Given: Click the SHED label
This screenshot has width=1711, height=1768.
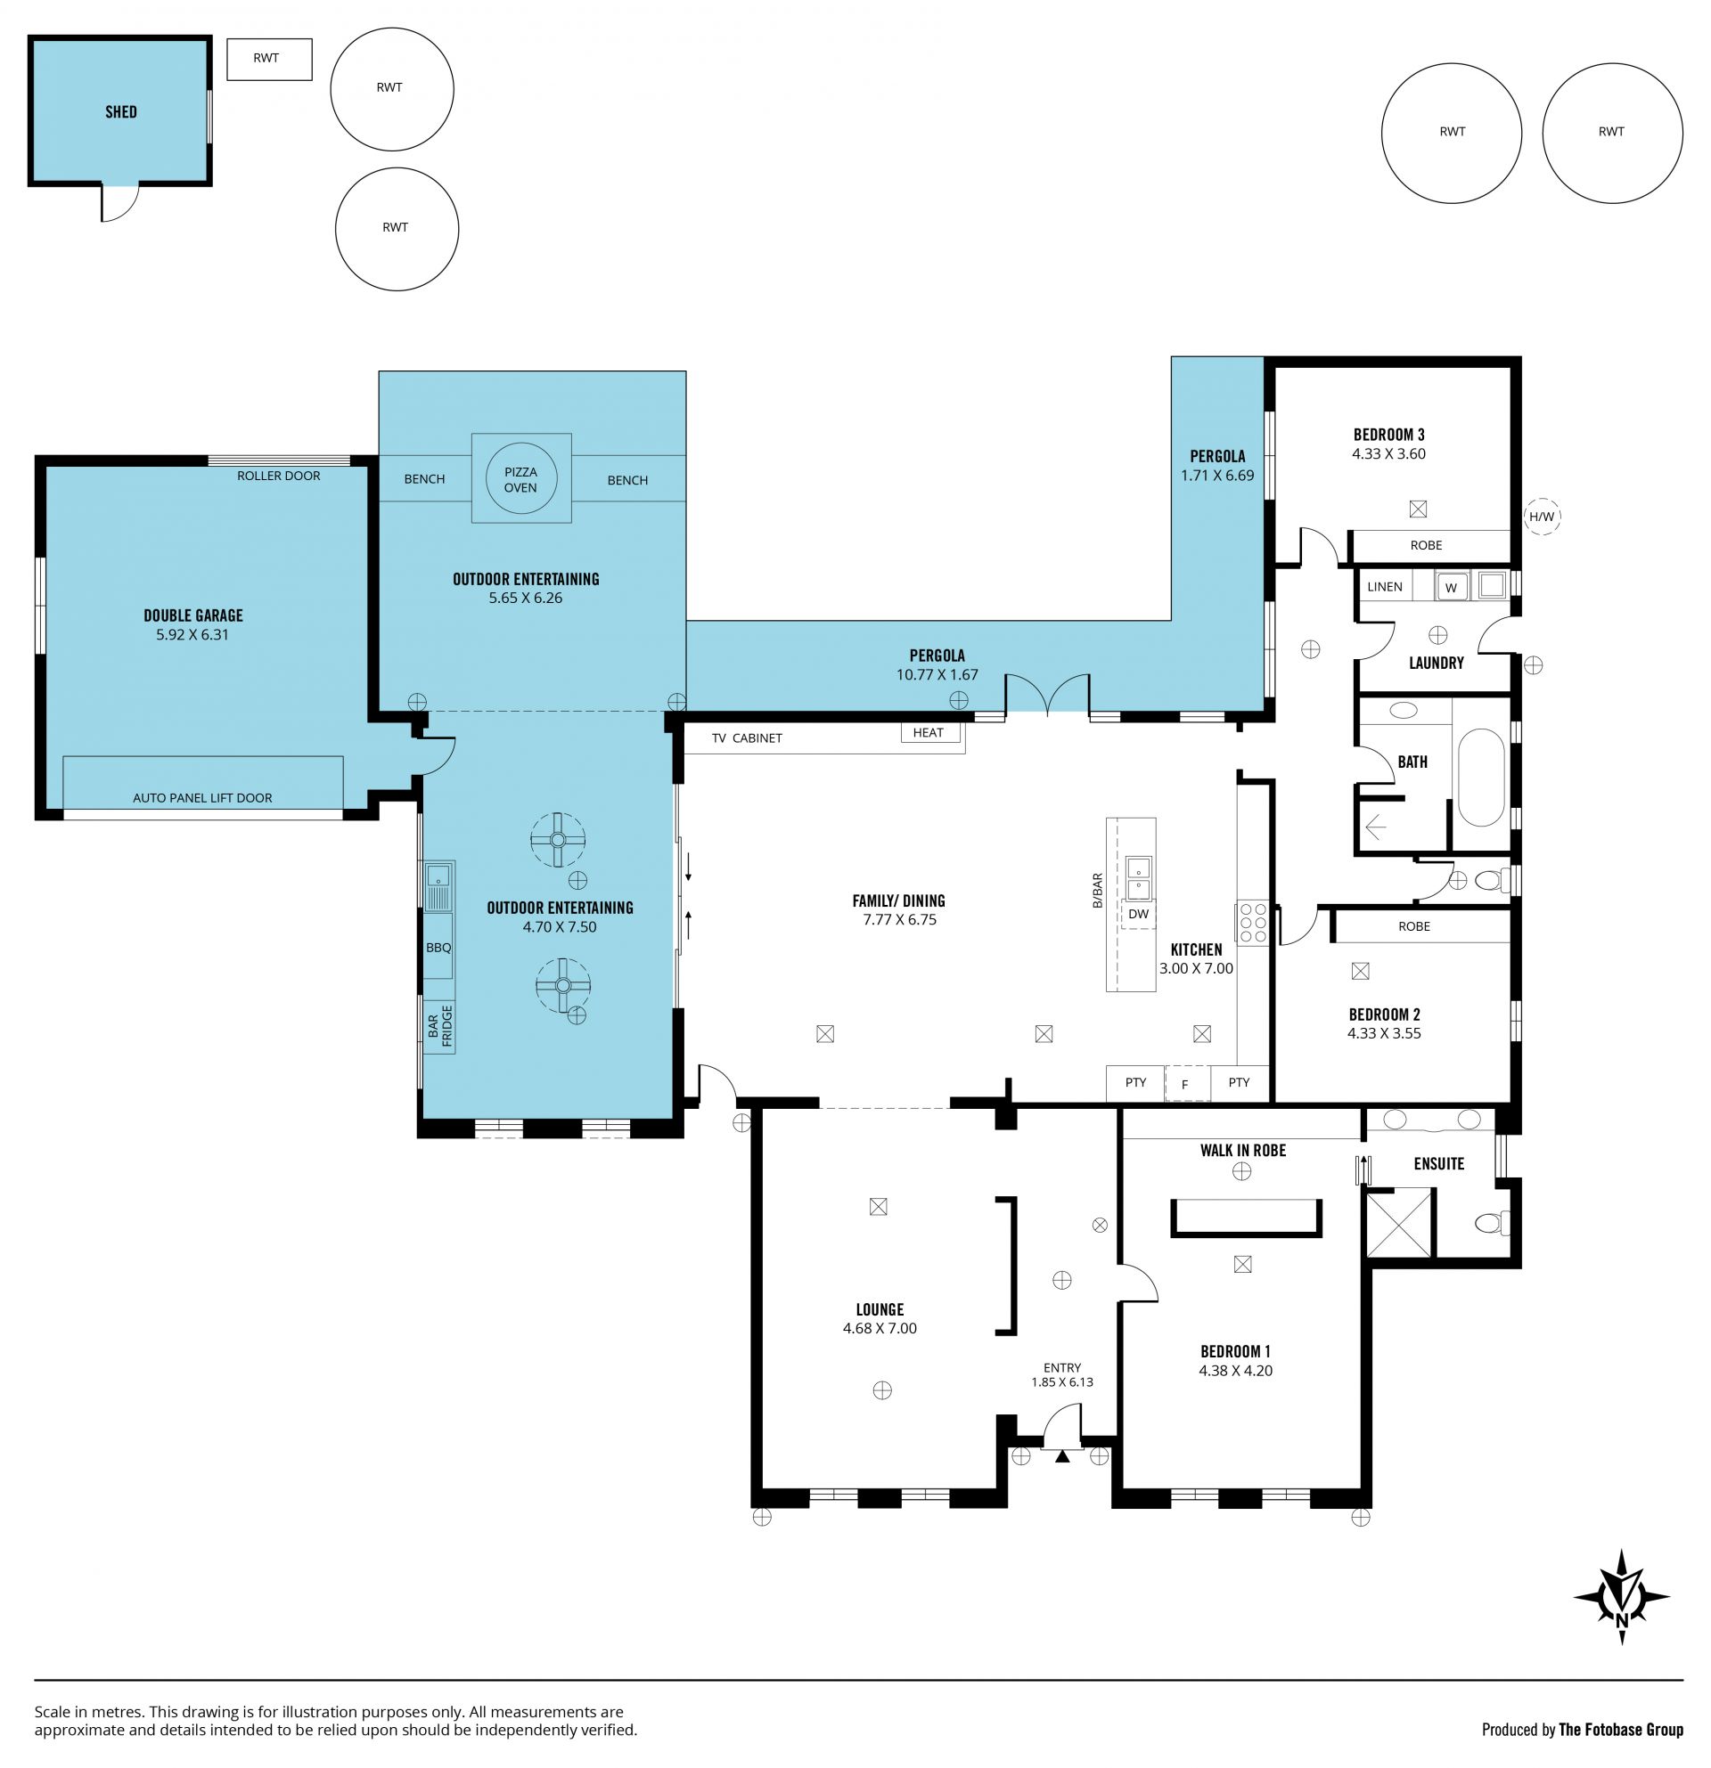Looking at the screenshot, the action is (x=121, y=112).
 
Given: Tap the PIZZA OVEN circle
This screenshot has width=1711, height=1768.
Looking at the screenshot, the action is (x=520, y=479).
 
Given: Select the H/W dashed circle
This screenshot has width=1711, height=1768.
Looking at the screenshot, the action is (x=1542, y=517).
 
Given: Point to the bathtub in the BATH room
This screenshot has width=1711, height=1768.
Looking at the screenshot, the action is (x=1481, y=778).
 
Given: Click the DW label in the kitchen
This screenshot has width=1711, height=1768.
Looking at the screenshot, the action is (x=1139, y=914).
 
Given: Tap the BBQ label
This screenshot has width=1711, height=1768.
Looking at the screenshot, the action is (x=438, y=948).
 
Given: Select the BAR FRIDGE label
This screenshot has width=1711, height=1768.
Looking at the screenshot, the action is (x=439, y=1026).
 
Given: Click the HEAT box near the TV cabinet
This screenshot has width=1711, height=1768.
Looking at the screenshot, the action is (x=929, y=732).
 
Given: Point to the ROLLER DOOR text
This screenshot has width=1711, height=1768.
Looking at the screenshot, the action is (x=279, y=476).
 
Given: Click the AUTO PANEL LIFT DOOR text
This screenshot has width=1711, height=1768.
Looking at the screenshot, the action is (x=202, y=797).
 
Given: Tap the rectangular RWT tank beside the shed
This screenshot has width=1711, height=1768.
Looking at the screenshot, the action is (x=269, y=60).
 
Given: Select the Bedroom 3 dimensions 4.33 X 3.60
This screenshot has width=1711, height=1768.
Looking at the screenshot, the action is (x=1388, y=453).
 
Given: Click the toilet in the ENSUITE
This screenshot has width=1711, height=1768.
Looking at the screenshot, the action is (x=1493, y=1223).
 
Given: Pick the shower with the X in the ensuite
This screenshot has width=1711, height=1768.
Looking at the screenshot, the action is (x=1399, y=1223).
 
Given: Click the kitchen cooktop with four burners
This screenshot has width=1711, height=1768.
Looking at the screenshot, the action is (x=1253, y=924).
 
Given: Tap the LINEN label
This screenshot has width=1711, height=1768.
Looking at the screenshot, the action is (x=1384, y=586).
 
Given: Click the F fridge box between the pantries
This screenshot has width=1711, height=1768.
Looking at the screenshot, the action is (x=1186, y=1084).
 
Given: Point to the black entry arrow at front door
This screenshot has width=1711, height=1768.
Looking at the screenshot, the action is (x=1062, y=1455).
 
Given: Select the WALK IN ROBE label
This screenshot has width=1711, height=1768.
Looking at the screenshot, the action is (x=1242, y=1150).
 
